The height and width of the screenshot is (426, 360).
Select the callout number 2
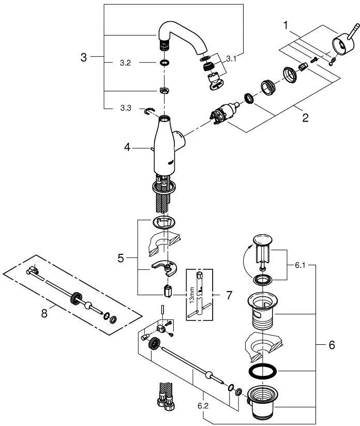(x=305, y=117)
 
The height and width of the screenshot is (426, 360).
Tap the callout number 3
(x=84, y=57)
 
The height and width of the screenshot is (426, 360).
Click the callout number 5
(x=121, y=257)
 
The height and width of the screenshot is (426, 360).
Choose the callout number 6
(x=332, y=345)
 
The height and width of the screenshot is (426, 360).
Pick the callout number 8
(x=44, y=313)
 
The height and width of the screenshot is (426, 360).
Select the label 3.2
(x=125, y=64)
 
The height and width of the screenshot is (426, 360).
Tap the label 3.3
(x=125, y=109)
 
